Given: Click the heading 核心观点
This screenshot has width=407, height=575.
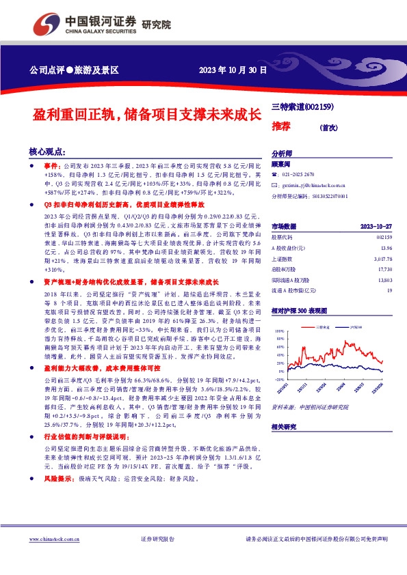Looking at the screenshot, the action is pyautogui.click(x=47, y=152).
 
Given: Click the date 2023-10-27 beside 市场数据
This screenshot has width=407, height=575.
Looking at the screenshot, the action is pyautogui.click(x=376, y=226).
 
